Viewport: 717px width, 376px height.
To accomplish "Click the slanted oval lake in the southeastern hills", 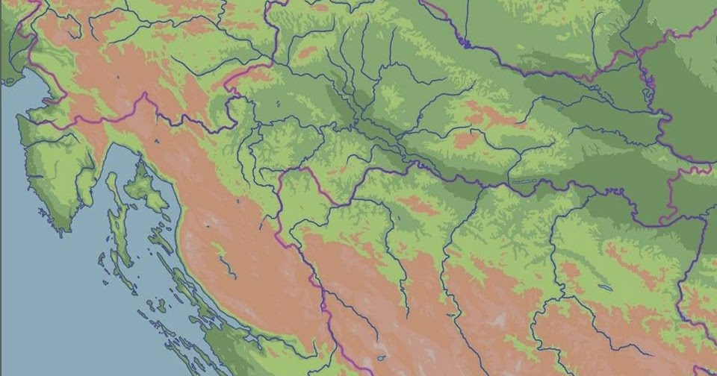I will point(604,286).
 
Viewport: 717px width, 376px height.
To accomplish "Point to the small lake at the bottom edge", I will point(382,358).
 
